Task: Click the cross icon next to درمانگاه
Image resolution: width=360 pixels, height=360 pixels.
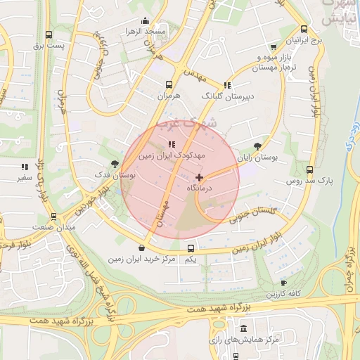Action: pos(200,177)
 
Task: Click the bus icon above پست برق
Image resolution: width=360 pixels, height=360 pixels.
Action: pos(49,34)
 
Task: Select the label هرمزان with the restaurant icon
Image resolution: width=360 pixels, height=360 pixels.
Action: pos(169,94)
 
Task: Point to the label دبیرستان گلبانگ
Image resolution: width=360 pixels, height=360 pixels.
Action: pos(227,95)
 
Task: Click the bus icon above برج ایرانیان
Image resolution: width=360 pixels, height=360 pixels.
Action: pos(304,30)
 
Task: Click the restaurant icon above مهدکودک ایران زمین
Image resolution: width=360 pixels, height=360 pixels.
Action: pos(172,145)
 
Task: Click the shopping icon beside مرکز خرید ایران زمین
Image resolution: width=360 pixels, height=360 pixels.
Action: pos(143,247)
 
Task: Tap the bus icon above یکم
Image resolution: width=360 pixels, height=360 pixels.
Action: pos(191,248)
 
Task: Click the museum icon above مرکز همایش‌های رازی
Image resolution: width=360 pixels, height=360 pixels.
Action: pos(244,329)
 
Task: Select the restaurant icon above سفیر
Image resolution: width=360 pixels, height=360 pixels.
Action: pos(25,167)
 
